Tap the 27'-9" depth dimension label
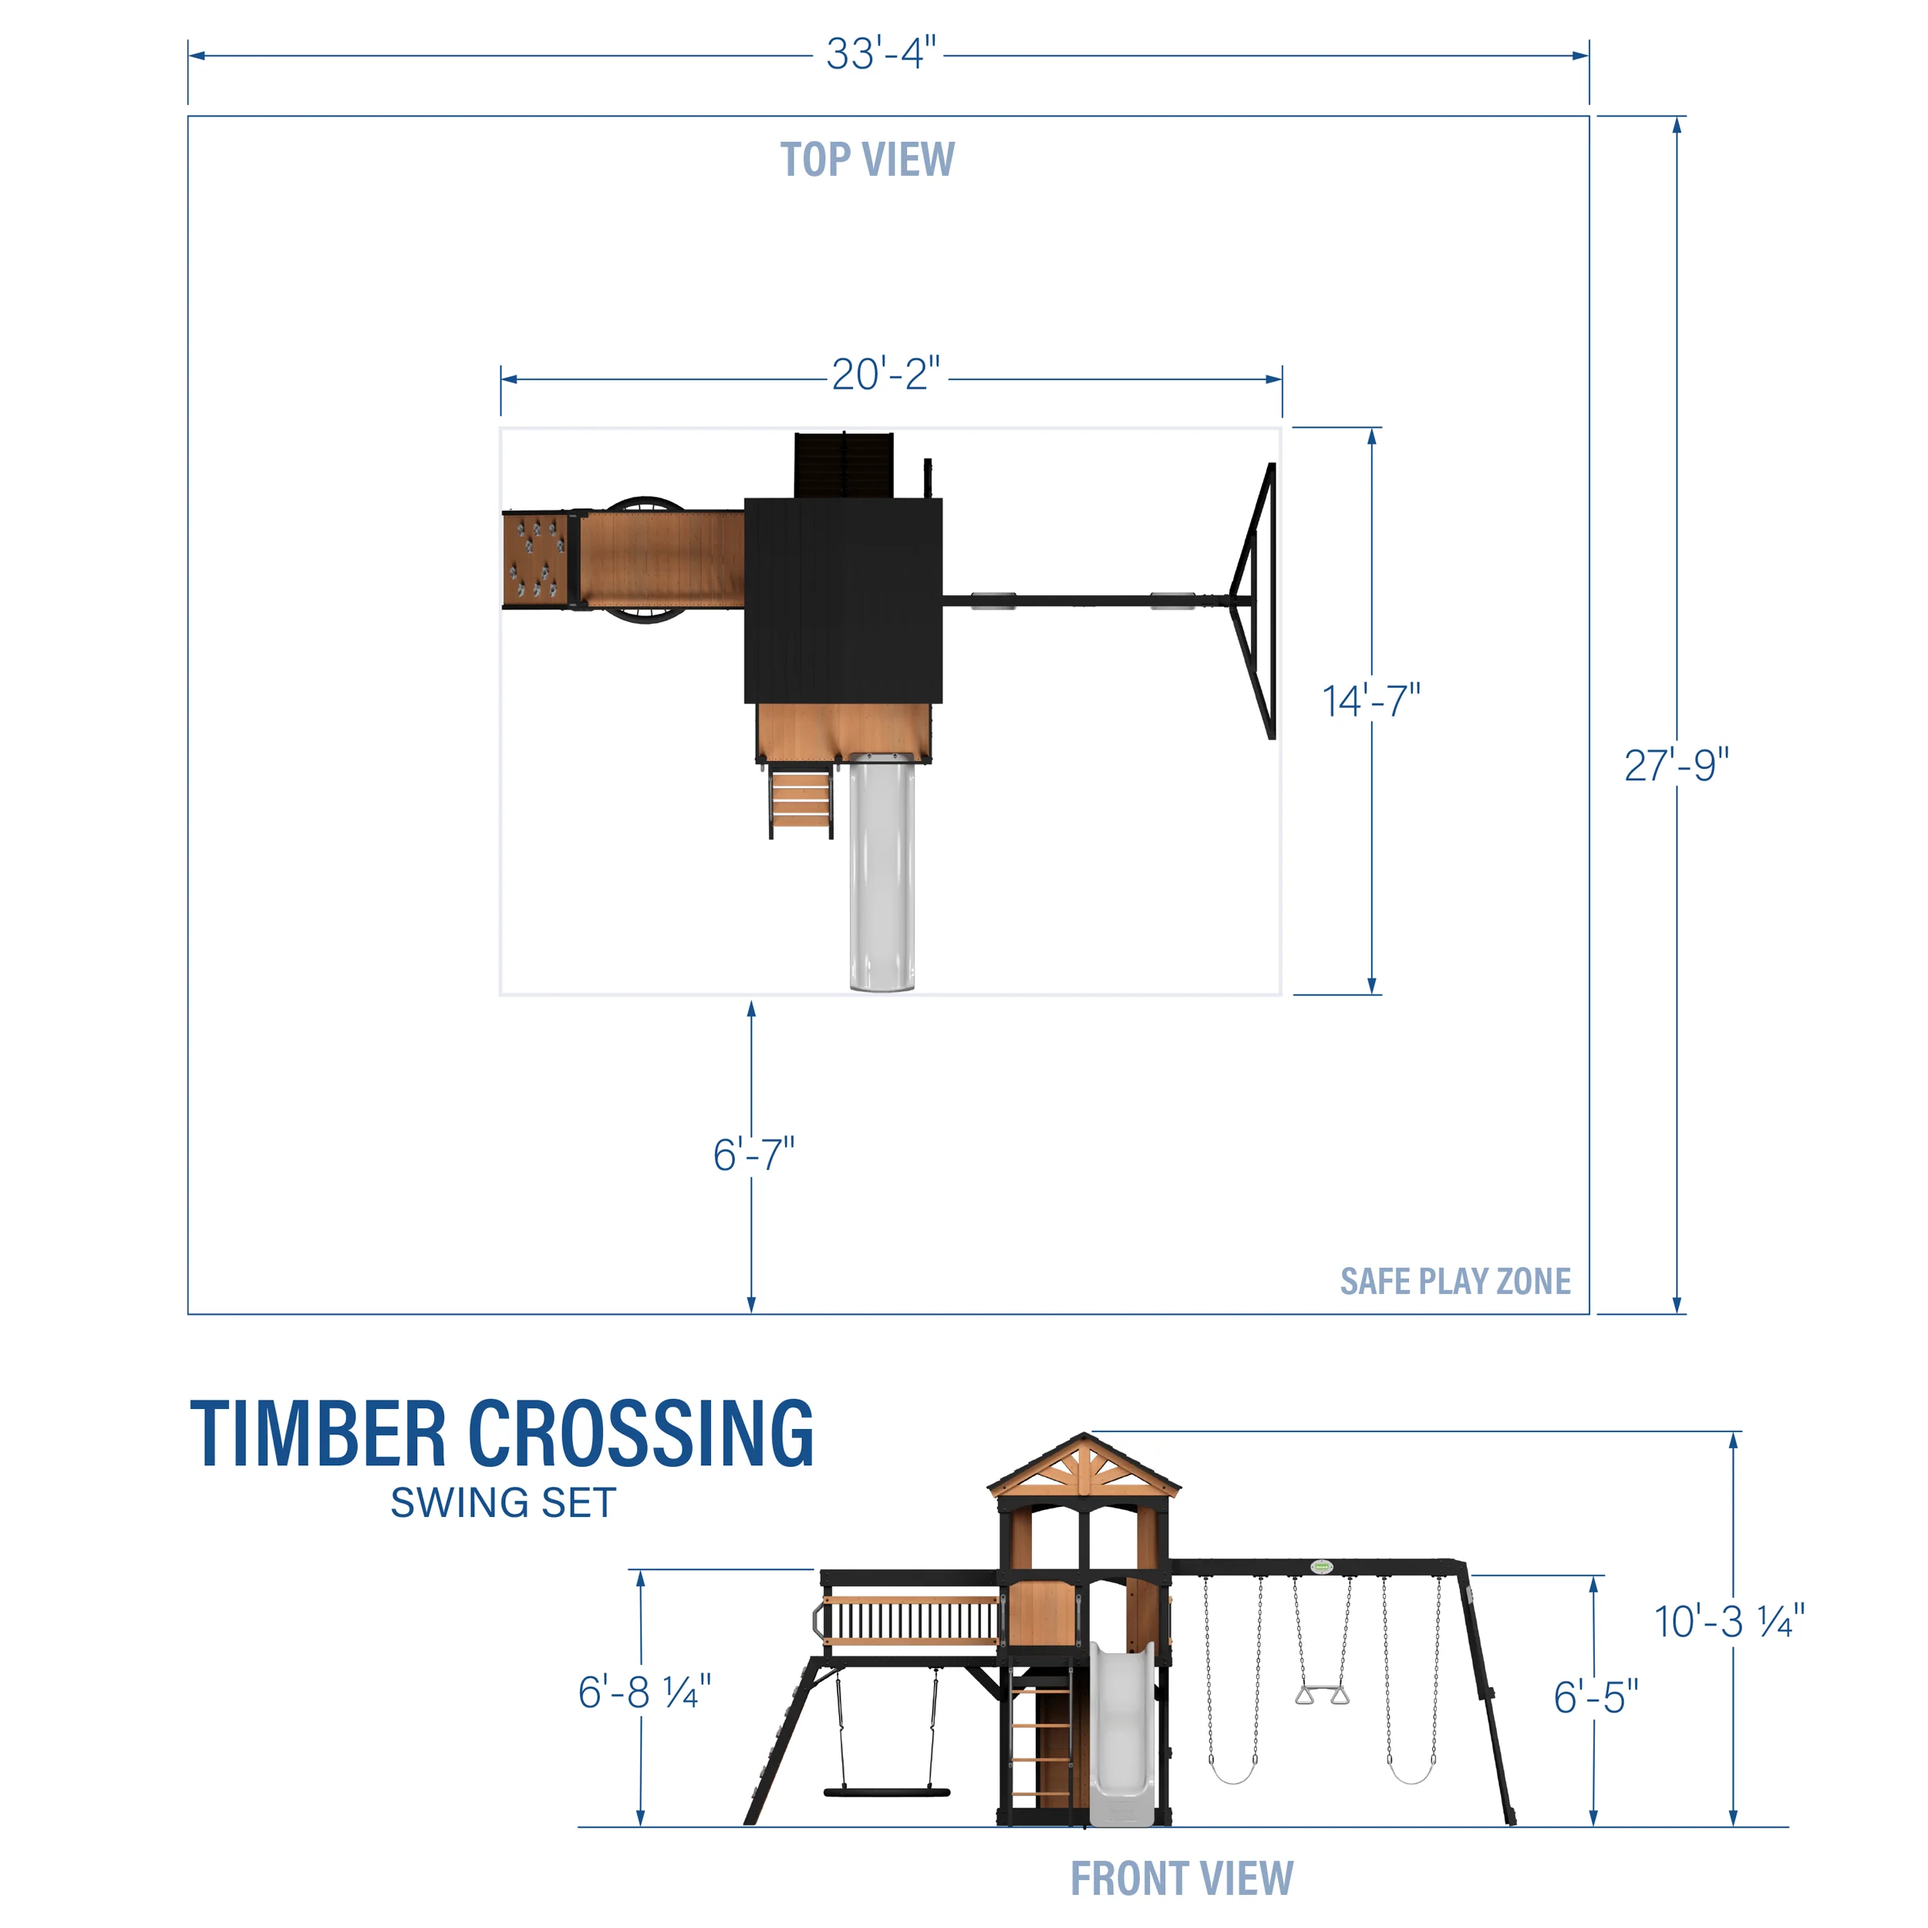[x=1676, y=765]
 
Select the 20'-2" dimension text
[x=885, y=376]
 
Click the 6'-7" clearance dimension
[x=753, y=1154]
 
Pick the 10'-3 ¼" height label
[x=1728, y=1622]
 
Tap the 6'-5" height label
[x=1595, y=1697]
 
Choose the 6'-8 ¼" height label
[x=644, y=1691]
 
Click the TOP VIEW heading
[x=866, y=160]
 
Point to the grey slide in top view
[x=881, y=873]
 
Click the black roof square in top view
[x=843, y=601]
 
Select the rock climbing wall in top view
[x=535, y=560]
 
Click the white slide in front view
[x=1121, y=1737]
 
